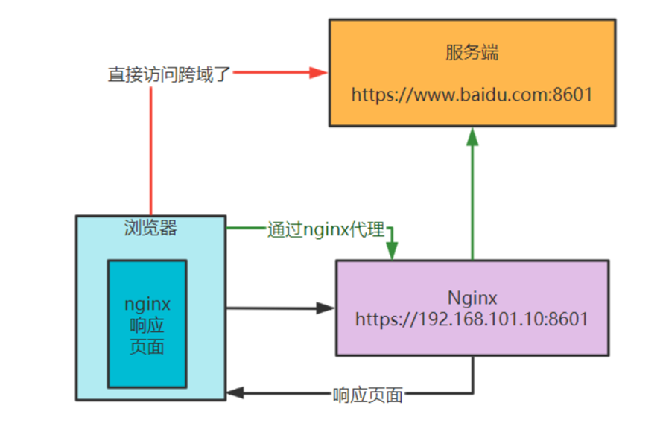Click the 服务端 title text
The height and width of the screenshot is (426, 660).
pyautogui.click(x=472, y=53)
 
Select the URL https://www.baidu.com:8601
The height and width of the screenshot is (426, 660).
pyautogui.click(x=472, y=95)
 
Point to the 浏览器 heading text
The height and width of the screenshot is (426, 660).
pyautogui.click(x=150, y=228)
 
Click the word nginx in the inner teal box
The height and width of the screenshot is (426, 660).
pyautogui.click(x=147, y=305)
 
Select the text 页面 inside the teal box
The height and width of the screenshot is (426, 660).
pyautogui.click(x=147, y=347)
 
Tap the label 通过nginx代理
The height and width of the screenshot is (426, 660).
pyautogui.click(x=326, y=230)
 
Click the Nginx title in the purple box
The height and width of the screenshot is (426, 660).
pyautogui.click(x=472, y=298)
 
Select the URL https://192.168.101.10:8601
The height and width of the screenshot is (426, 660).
pyautogui.click(x=472, y=319)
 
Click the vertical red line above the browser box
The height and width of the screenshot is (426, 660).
pyautogui.click(x=151, y=149)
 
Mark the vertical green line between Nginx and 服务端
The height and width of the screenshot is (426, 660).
pyautogui.click(x=472, y=201)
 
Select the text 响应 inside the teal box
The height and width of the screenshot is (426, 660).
pyautogui.click(x=147, y=326)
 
